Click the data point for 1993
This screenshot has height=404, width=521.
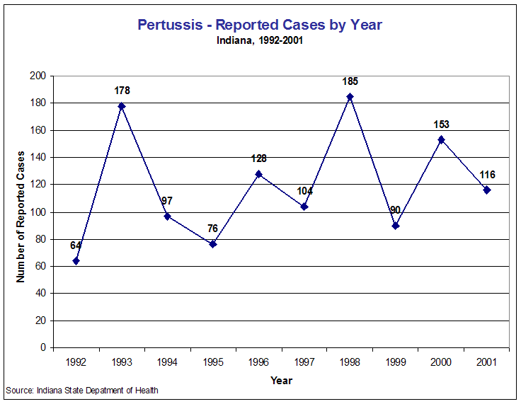click(x=122, y=106)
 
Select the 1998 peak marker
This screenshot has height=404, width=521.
click(x=350, y=96)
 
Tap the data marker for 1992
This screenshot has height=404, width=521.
click(x=76, y=260)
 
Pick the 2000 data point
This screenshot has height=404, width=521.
click(x=441, y=139)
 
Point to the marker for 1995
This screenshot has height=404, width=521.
click(x=213, y=244)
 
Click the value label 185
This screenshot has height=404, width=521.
click(x=350, y=81)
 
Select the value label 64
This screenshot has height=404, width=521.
click(x=76, y=246)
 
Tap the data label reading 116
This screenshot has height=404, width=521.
click(x=486, y=175)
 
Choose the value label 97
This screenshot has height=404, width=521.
click(x=167, y=201)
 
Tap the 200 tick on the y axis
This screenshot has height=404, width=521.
click(x=38, y=76)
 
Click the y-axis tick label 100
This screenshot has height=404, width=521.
click(x=38, y=212)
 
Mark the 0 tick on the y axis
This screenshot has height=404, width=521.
click(x=42, y=347)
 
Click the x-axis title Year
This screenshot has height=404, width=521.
click(x=281, y=381)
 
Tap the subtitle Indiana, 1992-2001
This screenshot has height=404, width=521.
click(x=260, y=40)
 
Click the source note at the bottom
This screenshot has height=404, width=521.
click(x=82, y=391)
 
